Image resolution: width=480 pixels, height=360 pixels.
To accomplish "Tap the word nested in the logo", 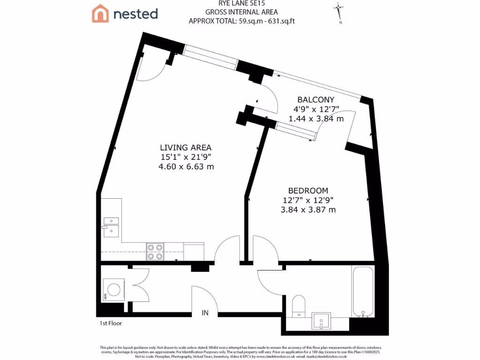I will click(135, 14).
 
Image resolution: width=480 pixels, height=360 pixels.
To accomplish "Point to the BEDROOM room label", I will click(308, 191).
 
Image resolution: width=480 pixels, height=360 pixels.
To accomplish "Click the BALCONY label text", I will click(316, 99).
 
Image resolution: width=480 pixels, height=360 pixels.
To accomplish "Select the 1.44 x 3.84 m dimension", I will click(316, 119).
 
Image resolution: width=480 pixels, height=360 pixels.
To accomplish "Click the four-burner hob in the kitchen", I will click(155, 252).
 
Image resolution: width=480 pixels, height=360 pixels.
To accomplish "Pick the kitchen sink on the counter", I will click(111, 225).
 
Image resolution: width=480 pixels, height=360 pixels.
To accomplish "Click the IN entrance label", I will click(205, 313).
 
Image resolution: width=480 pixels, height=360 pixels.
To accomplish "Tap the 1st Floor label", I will click(110, 323).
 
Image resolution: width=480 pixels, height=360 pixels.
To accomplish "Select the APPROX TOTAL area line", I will click(241, 21).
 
